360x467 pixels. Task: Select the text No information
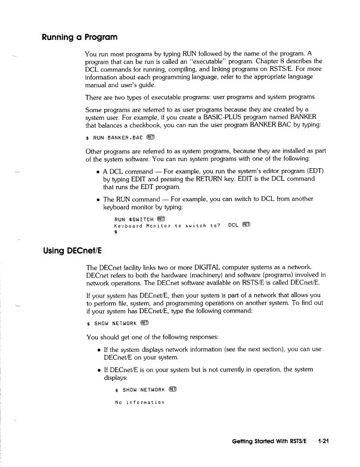point(139,402)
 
